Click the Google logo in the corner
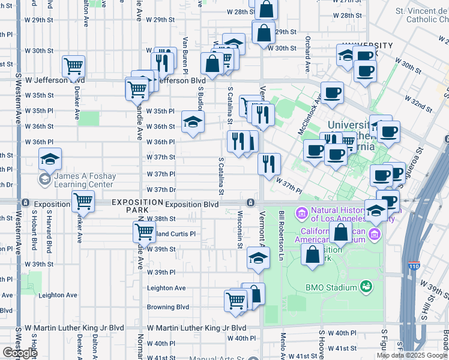[x=20, y=353]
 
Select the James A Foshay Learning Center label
[x=84, y=180]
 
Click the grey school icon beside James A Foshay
[x=44, y=179]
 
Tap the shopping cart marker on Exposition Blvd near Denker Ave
[x=83, y=202]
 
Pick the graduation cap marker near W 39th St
[x=258, y=259]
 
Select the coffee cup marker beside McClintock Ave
[x=332, y=92]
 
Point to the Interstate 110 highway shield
[x=414, y=265]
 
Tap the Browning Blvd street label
[x=168, y=307]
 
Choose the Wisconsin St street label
[x=240, y=229]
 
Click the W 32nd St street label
[x=418, y=103]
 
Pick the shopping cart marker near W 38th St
[x=144, y=231]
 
